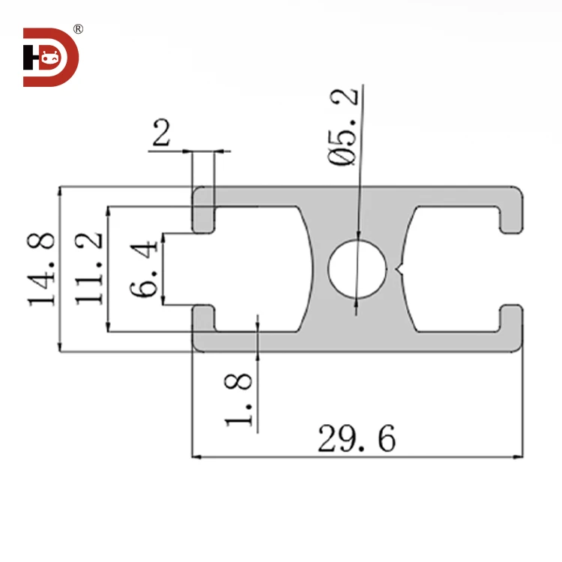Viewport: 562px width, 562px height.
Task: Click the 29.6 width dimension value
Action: tap(356, 439)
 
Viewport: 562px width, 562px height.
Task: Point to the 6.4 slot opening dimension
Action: tap(145, 268)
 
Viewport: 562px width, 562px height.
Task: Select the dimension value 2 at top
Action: tap(162, 134)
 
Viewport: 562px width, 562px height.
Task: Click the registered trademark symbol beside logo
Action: tap(78, 29)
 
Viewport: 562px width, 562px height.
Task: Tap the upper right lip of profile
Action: tap(512, 214)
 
